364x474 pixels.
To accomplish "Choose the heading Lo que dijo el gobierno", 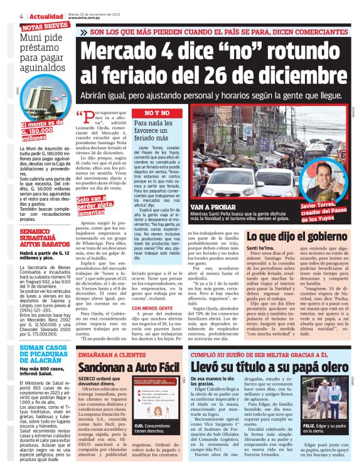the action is click(x=301, y=219).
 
